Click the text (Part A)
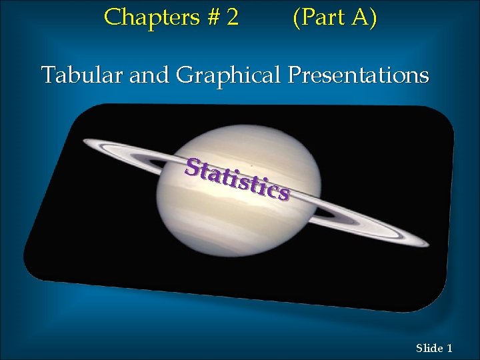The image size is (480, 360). (334, 17)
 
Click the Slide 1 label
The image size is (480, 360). (434, 347)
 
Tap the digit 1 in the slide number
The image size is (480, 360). (450, 347)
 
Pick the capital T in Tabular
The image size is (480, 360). (47, 75)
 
